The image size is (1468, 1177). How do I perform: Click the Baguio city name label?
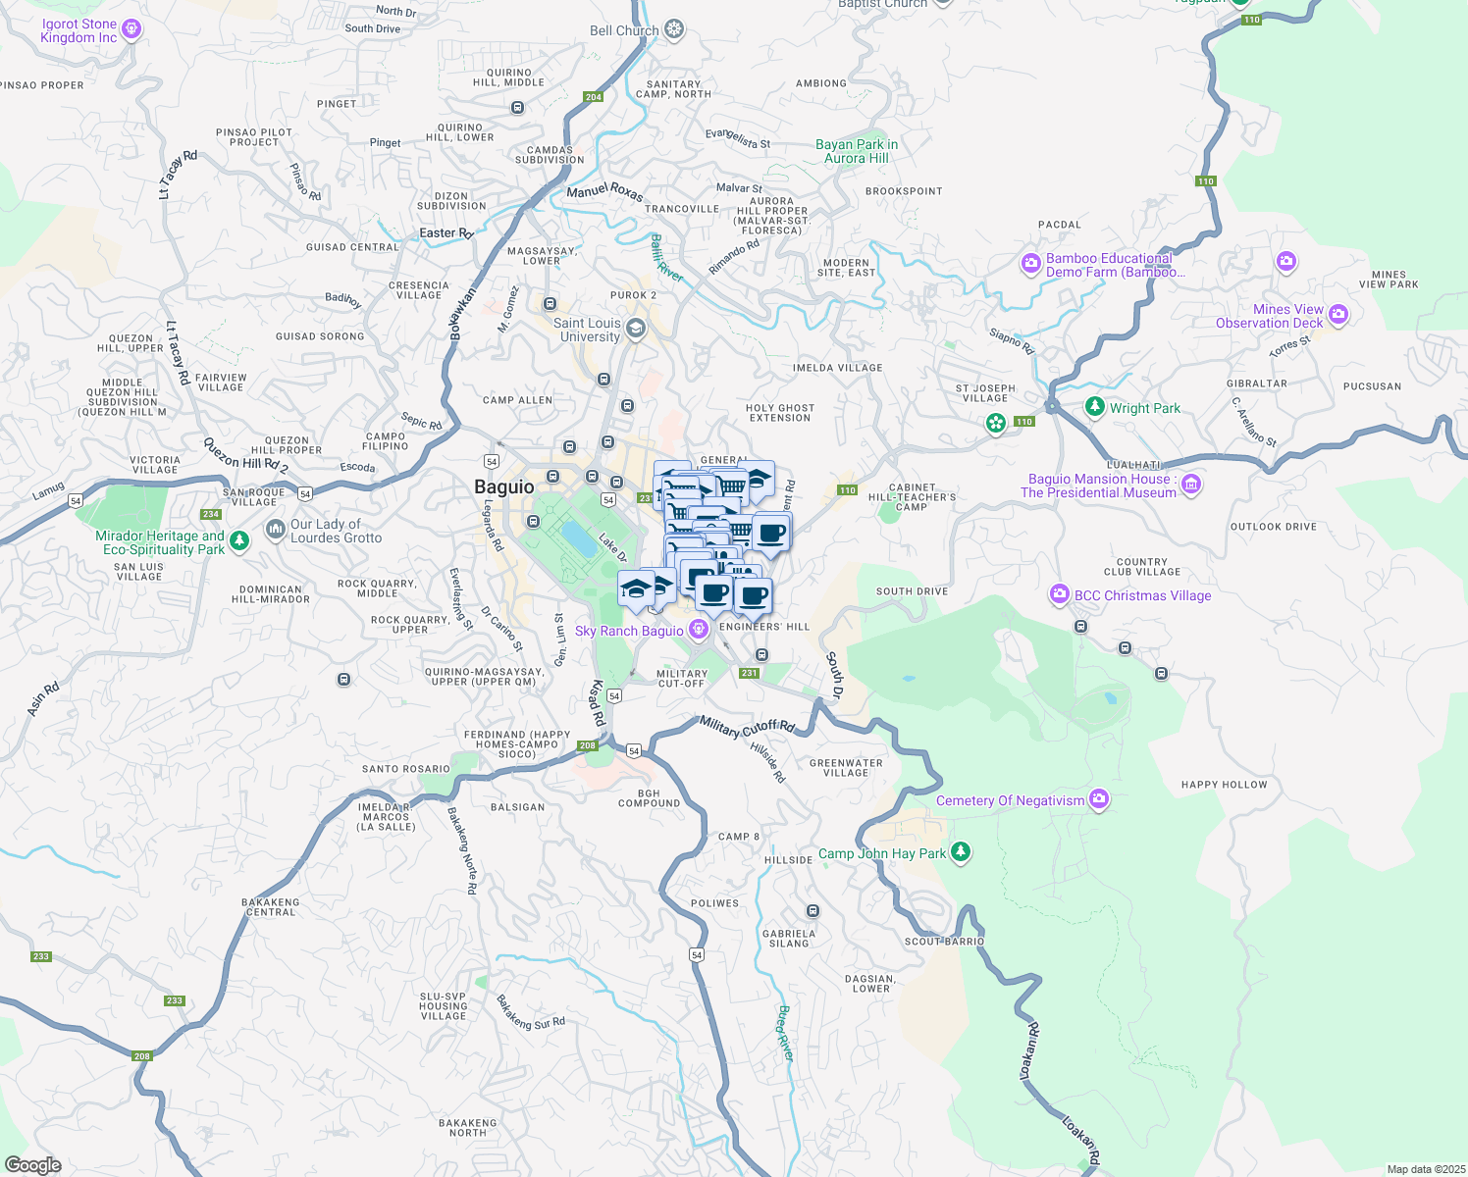504,487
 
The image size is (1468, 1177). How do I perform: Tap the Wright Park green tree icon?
1095,406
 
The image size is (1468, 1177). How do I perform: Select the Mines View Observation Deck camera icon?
1338,315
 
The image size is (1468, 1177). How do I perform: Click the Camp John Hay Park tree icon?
961,851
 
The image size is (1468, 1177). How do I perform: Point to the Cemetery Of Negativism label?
1010,800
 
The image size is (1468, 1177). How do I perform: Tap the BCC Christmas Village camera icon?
1059,594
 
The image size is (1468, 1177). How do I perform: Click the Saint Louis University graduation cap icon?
636,329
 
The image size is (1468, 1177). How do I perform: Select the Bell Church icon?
674,29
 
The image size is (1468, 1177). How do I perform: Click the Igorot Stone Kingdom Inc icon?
131,30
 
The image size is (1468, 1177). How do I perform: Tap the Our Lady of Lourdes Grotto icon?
275,530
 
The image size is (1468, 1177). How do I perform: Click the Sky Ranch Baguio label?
629,631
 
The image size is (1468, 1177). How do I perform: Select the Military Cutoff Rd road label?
747,727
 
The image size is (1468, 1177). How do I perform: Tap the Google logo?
32,1164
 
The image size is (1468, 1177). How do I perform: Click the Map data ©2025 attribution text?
1426,1169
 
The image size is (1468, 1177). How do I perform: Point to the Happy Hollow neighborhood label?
1224,785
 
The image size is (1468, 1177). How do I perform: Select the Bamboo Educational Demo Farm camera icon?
1030,263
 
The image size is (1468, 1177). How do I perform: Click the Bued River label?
784,1033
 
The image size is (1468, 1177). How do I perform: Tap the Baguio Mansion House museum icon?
1191,484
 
